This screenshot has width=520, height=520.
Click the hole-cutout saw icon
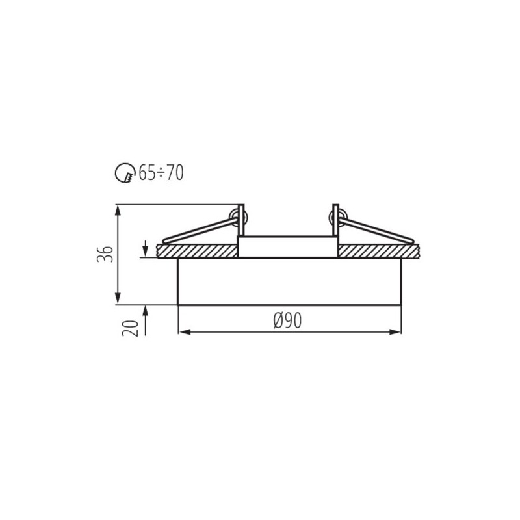pos(123,173)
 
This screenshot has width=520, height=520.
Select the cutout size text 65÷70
pos(158,173)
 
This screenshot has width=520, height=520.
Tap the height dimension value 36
pos(105,254)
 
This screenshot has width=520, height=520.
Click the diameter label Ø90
pos(287,320)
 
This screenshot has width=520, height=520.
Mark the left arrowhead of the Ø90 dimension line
pos(182,332)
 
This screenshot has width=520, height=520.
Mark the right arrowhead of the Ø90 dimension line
pos(396,332)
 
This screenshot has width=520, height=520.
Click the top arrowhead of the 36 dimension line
pos(118,209)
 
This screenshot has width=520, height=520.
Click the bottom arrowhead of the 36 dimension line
pos(118,300)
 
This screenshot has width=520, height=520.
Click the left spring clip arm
pos(195,231)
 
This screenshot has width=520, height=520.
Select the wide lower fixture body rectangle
pos(289,281)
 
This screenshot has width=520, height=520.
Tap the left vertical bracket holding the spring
pos(242,221)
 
